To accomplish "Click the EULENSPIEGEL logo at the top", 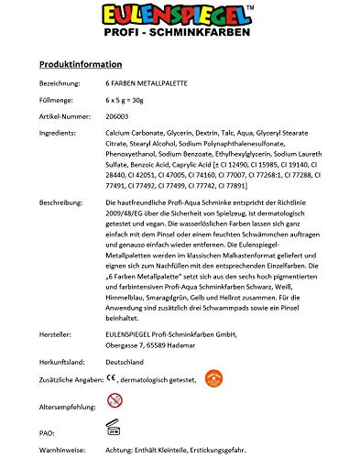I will click(x=180, y=19).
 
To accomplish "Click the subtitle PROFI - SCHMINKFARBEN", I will click(x=180, y=40).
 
